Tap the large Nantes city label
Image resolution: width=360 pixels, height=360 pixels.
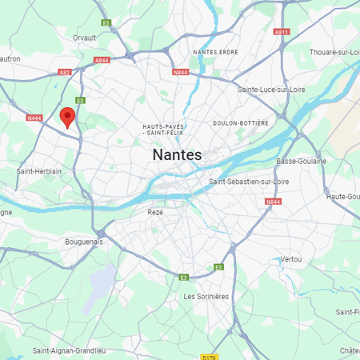(x=177, y=154)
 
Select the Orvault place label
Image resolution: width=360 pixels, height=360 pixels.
(x=84, y=38)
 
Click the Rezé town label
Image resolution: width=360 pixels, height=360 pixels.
(x=155, y=212)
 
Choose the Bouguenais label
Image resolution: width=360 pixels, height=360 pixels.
(x=86, y=241)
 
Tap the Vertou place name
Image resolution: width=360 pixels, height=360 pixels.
(x=291, y=259)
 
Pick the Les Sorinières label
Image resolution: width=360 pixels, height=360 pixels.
(x=206, y=296)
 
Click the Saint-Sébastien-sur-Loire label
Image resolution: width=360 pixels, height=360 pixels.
(x=249, y=182)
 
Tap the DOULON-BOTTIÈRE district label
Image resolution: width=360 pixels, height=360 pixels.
(x=241, y=123)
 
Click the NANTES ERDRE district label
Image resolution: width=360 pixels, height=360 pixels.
(x=216, y=52)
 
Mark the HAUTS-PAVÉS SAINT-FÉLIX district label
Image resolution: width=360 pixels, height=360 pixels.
(x=164, y=129)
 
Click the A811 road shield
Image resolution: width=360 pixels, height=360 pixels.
(x=281, y=32)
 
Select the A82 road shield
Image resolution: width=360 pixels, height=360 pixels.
(x=65, y=72)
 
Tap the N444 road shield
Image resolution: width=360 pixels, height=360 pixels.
(x=34, y=118)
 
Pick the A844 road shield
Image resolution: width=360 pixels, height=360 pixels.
(x=102, y=60)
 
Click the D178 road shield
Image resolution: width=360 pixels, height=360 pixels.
(x=210, y=356)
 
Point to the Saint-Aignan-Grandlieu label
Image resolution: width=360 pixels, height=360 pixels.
(x=68, y=350)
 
